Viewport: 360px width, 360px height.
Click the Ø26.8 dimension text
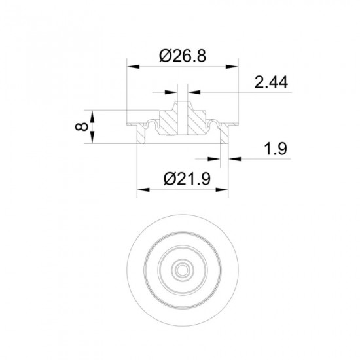pyautogui.click(x=183, y=56)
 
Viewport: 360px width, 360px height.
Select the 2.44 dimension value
pyautogui.click(x=271, y=82)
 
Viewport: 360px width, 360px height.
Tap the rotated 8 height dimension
pyautogui.click(x=82, y=126)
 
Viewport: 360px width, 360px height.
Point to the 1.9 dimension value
pyautogui.click(x=276, y=149)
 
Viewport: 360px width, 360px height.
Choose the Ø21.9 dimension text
pyautogui.click(x=187, y=179)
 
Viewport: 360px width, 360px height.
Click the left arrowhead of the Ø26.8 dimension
pyautogui.click(x=134, y=67)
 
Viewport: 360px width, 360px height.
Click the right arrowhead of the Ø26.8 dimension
pyautogui.click(x=232, y=67)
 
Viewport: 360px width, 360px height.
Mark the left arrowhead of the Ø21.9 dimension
pyautogui.click(x=143, y=190)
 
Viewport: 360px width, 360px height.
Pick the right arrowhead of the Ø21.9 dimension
pyautogui.click(x=222, y=190)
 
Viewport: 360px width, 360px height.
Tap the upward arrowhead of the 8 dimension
pyautogui.click(x=92, y=117)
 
